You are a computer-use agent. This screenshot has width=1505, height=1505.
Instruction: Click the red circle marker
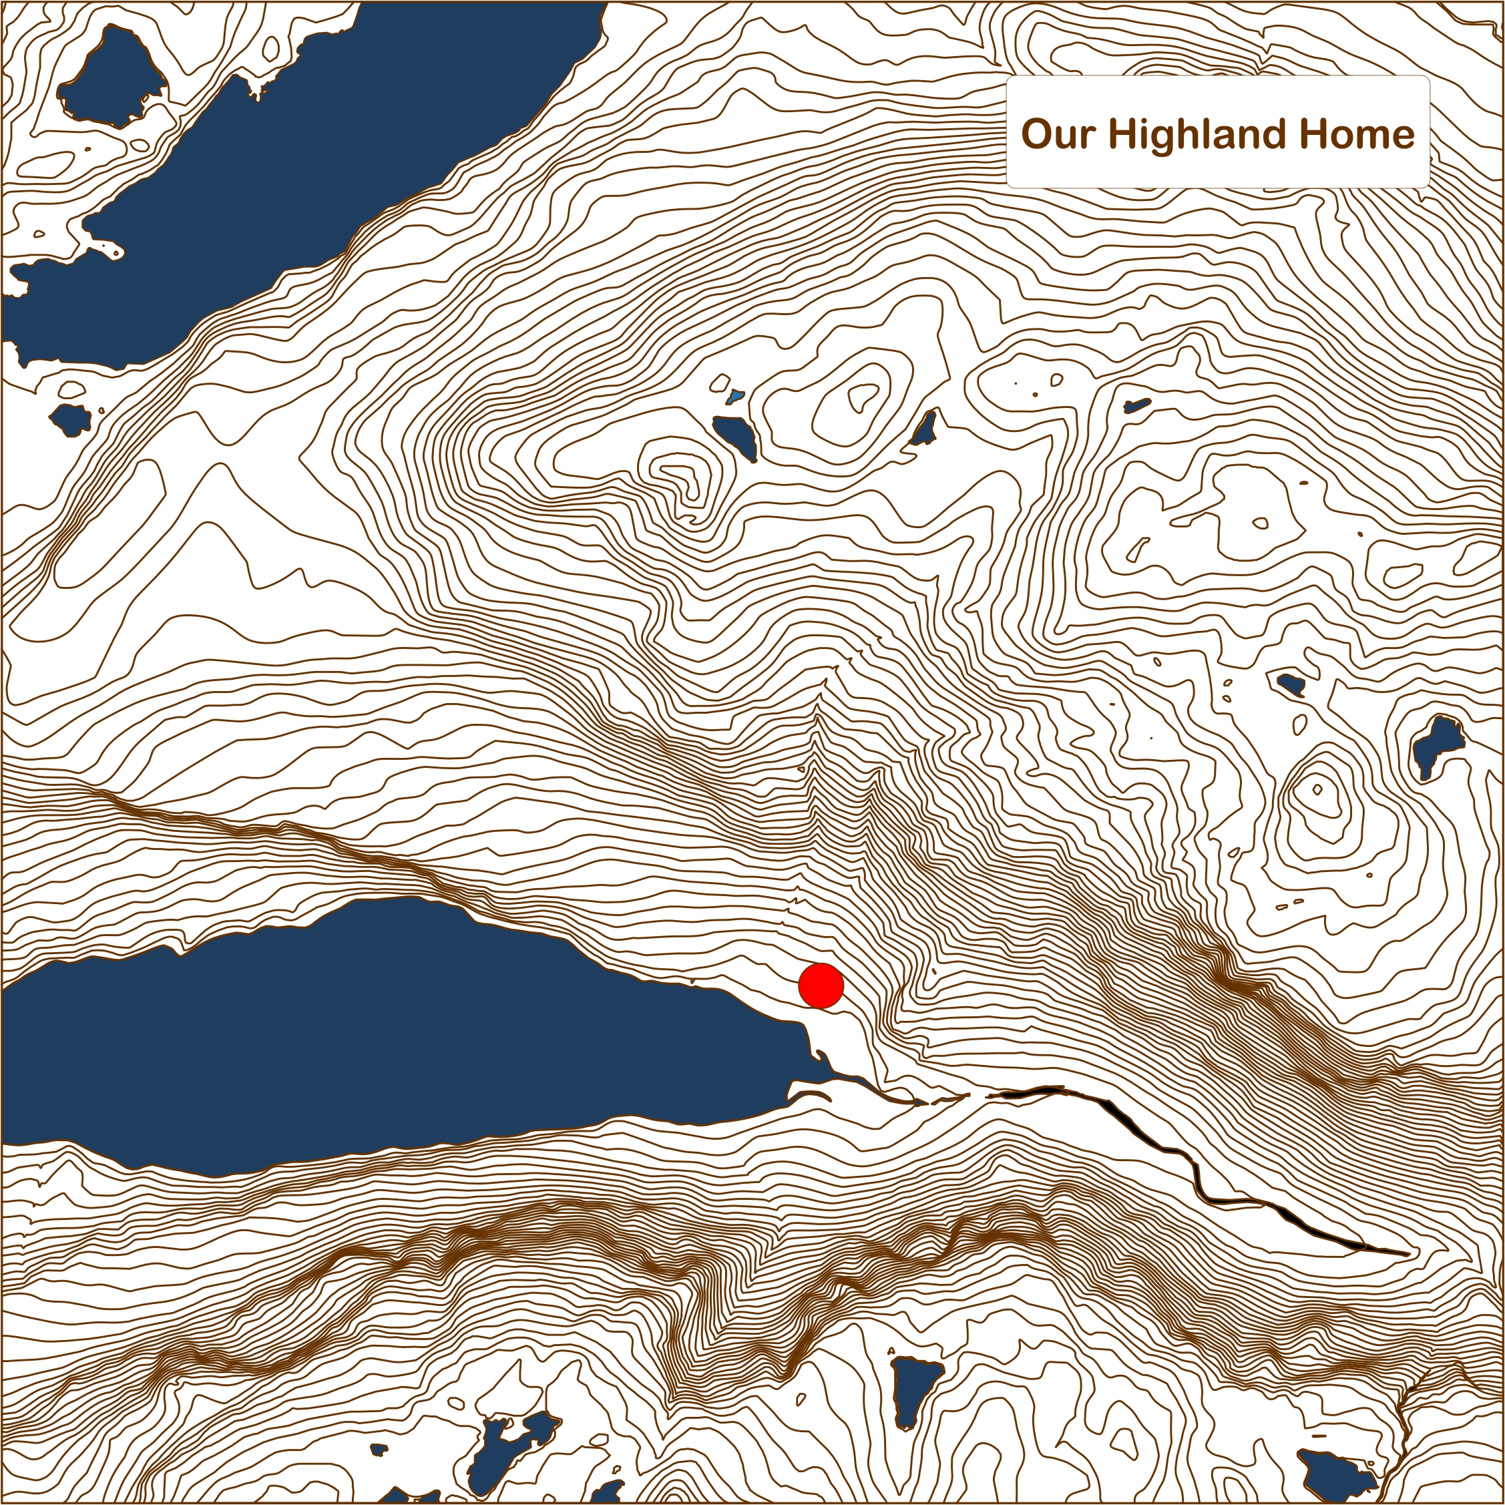coord(821,986)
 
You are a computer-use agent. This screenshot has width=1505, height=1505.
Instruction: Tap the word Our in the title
coord(1057,134)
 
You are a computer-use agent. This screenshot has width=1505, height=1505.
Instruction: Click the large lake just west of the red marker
coord(389,1036)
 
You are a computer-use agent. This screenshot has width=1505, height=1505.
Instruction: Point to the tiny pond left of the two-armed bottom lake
coord(379,1450)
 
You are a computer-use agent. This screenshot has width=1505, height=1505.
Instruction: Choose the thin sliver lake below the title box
coord(1136,406)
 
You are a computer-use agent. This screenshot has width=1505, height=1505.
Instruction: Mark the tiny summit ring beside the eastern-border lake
coord(1317,789)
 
